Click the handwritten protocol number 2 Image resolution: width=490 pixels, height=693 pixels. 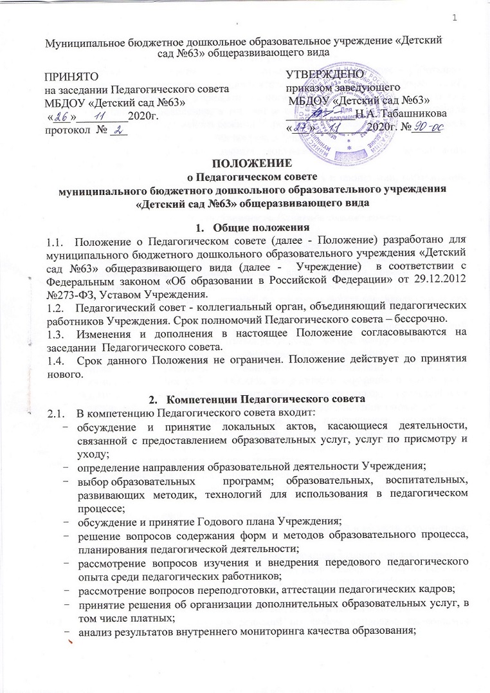pyautogui.click(x=119, y=131)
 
